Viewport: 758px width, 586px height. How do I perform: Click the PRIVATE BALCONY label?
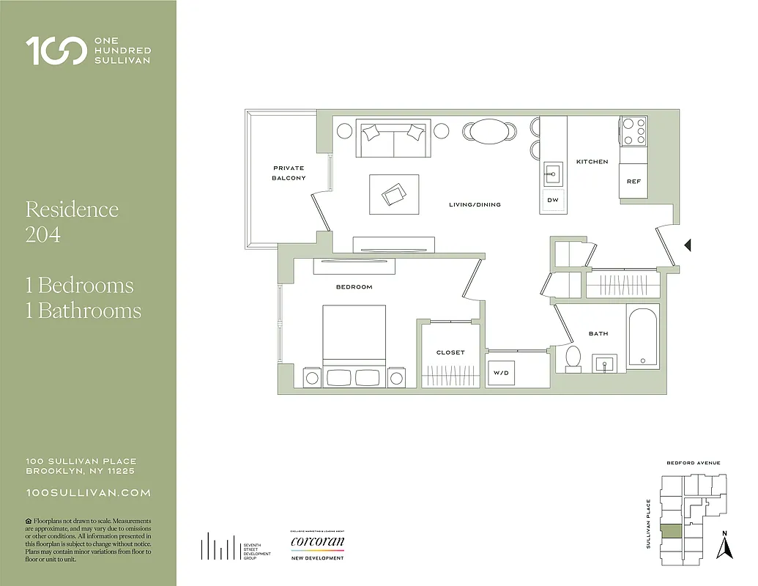pyautogui.click(x=288, y=173)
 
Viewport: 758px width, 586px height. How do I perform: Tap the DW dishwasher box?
pyautogui.click(x=552, y=200)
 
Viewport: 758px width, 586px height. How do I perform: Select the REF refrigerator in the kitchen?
pyautogui.click(x=633, y=181)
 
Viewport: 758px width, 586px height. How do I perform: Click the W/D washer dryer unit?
pyautogui.click(x=501, y=373)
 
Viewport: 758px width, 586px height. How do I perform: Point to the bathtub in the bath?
pyautogui.click(x=642, y=336)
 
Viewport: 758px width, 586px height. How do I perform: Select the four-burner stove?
pyautogui.click(x=634, y=130)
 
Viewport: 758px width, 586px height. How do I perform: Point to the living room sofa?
pyautogui.click(x=393, y=138)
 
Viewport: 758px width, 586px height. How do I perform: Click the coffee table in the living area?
pyautogui.click(x=394, y=194)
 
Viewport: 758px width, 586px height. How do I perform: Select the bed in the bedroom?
pyautogui.click(x=354, y=345)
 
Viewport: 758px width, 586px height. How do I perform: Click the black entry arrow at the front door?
pyautogui.click(x=687, y=246)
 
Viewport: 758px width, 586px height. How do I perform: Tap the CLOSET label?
pyautogui.click(x=450, y=352)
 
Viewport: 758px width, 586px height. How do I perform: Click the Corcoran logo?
pyautogui.click(x=317, y=543)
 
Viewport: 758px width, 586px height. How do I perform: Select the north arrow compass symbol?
pyautogui.click(x=724, y=545)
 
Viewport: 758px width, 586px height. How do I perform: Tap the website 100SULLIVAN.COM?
pyautogui.click(x=88, y=493)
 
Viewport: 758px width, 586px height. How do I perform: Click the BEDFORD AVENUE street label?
pyautogui.click(x=693, y=463)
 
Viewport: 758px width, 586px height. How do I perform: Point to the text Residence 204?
pyautogui.click(x=72, y=221)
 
